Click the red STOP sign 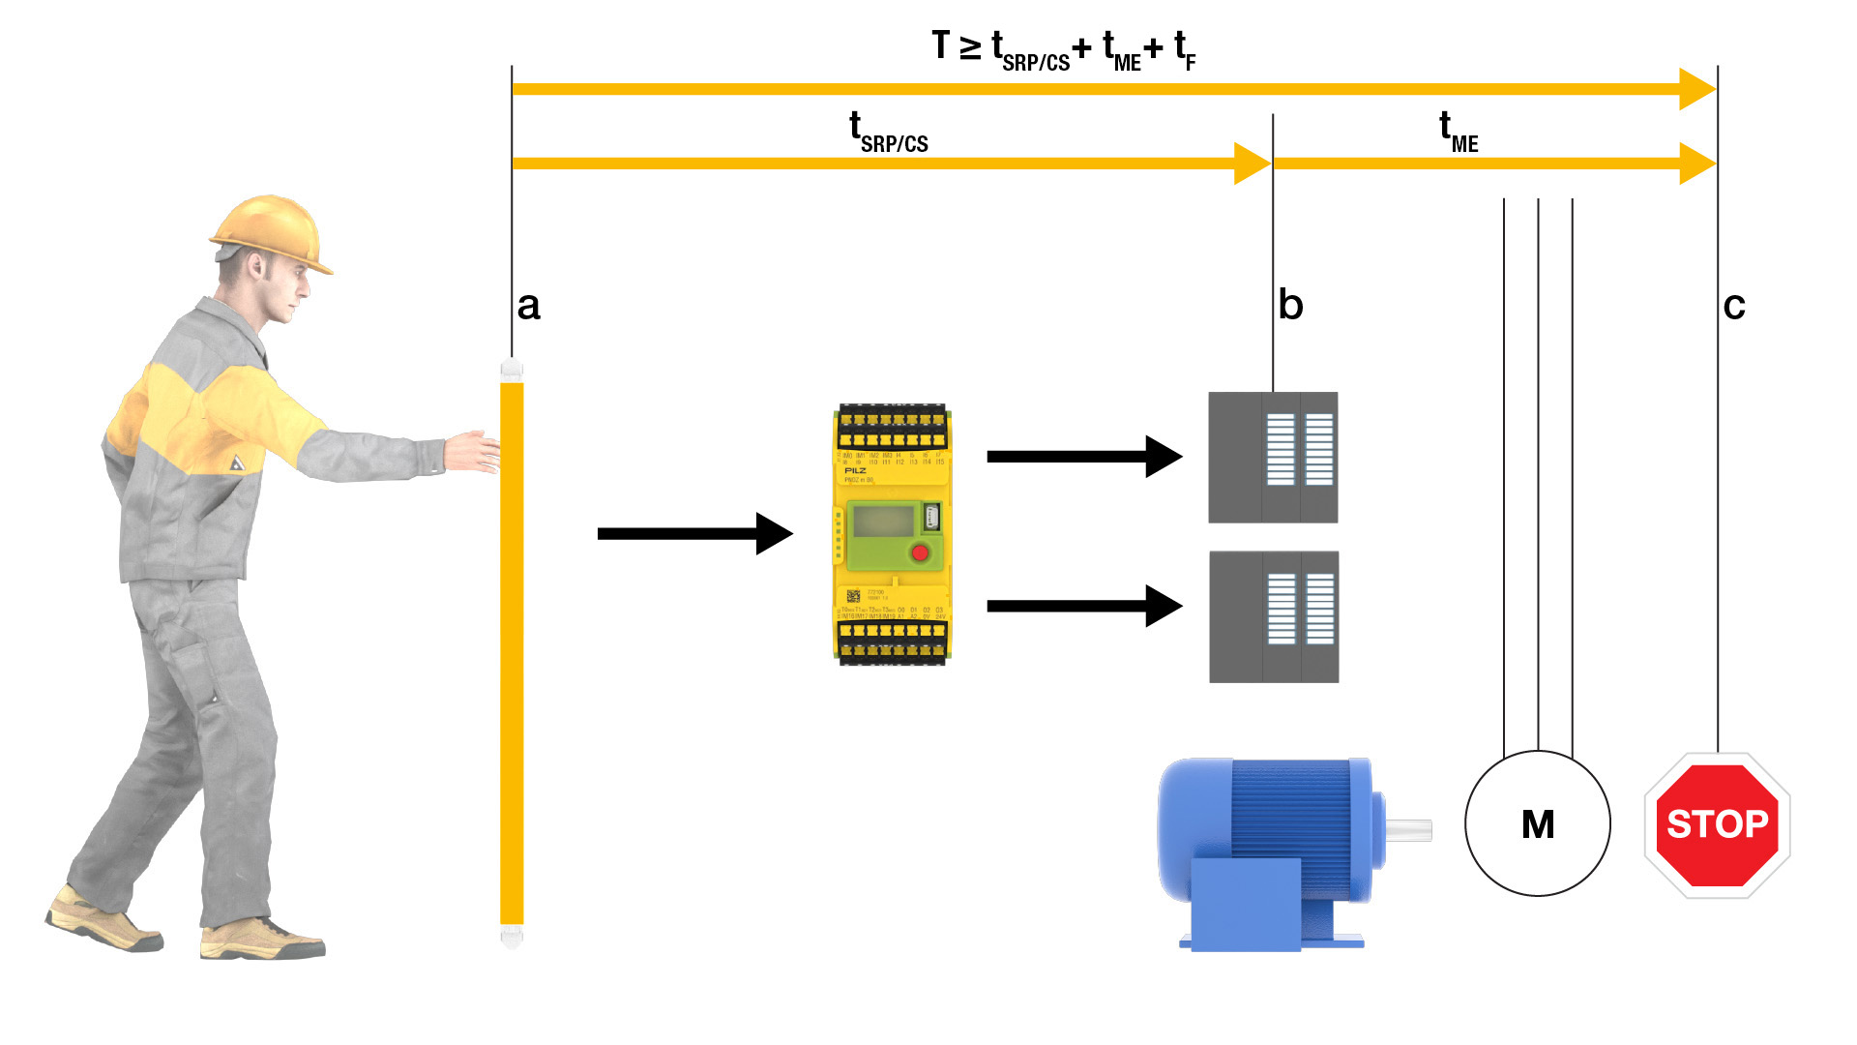tap(1717, 825)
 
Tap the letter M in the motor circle tap(1538, 824)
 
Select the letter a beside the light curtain tap(528, 306)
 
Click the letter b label tap(1291, 306)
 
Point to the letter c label tap(1734, 307)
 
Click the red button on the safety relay tap(920, 553)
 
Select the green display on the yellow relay tap(882, 522)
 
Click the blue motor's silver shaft tap(1408, 828)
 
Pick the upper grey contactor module tap(1273, 458)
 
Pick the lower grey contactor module tap(1274, 617)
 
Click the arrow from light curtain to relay tap(694, 534)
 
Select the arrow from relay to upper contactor tap(1083, 457)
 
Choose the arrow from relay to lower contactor tap(1083, 607)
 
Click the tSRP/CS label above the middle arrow tap(888, 134)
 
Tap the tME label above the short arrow tap(1459, 134)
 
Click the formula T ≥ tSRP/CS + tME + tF tap(1064, 48)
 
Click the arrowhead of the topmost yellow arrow tap(1697, 89)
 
